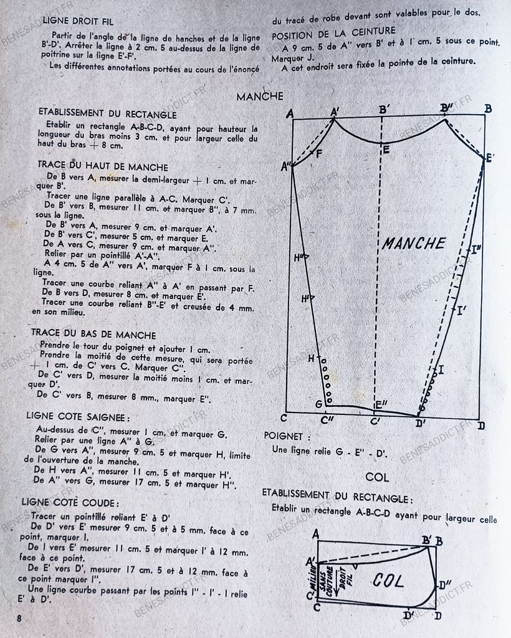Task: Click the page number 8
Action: pyautogui.click(x=20, y=618)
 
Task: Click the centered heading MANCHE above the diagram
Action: pyautogui.click(x=260, y=97)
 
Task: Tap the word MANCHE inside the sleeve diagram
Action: pyautogui.click(x=413, y=243)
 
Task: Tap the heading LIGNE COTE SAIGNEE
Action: pyautogui.click(x=78, y=416)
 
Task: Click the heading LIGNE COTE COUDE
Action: pyautogui.click(x=70, y=502)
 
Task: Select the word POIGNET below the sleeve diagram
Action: pyautogui.click(x=283, y=436)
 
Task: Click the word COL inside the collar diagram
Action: pyautogui.click(x=388, y=581)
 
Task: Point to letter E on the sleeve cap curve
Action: pyautogui.click(x=386, y=150)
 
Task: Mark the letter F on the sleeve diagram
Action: pyautogui.click(x=319, y=153)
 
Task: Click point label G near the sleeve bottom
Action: pyautogui.click(x=318, y=404)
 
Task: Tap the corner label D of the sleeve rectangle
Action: pyautogui.click(x=480, y=426)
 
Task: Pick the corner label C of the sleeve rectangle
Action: pyautogui.click(x=284, y=418)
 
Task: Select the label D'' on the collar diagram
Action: pyautogui.click(x=445, y=585)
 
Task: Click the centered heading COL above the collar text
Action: pyautogui.click(x=377, y=477)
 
